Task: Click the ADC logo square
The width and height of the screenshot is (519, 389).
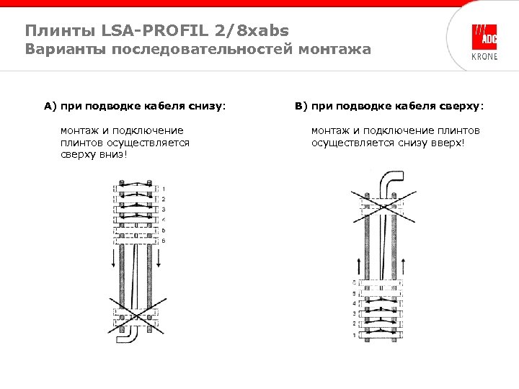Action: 484,37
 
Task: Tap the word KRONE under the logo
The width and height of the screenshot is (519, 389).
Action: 484,57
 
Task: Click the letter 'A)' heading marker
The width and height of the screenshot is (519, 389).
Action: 50,106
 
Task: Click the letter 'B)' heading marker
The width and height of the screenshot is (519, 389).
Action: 301,106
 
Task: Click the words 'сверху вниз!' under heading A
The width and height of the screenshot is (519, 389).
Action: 94,155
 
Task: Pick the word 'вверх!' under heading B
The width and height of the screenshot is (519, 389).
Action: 448,143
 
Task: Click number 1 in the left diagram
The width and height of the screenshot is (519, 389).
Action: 164,189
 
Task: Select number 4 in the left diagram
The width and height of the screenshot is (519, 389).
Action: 164,219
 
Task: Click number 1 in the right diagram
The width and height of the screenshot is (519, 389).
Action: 353,336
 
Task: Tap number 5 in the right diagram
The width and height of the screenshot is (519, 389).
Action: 353,294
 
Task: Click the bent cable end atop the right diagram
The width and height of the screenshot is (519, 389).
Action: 393,180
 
